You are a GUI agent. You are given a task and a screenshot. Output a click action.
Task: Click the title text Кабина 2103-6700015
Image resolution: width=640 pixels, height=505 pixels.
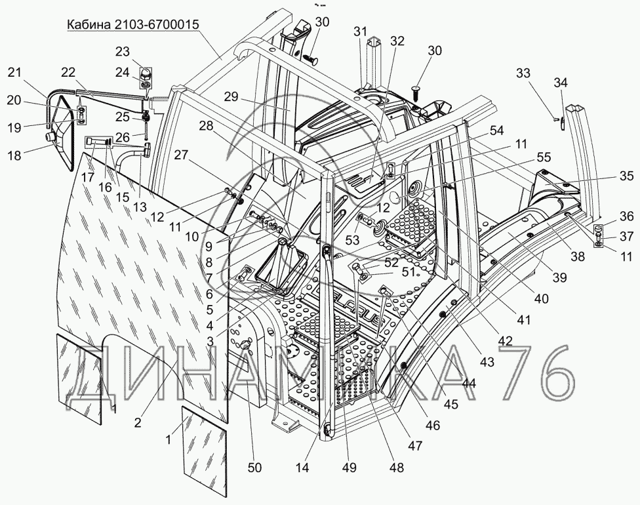coord(133,26)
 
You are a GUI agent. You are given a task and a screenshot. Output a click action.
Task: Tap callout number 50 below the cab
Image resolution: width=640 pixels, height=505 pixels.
coord(254,467)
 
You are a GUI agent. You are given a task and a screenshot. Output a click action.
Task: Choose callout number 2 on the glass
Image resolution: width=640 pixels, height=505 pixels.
coord(137,422)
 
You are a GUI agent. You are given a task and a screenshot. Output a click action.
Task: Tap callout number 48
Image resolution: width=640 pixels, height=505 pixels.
coord(396,468)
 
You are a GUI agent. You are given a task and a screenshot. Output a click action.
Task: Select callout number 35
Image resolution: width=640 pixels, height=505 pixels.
coord(627,176)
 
